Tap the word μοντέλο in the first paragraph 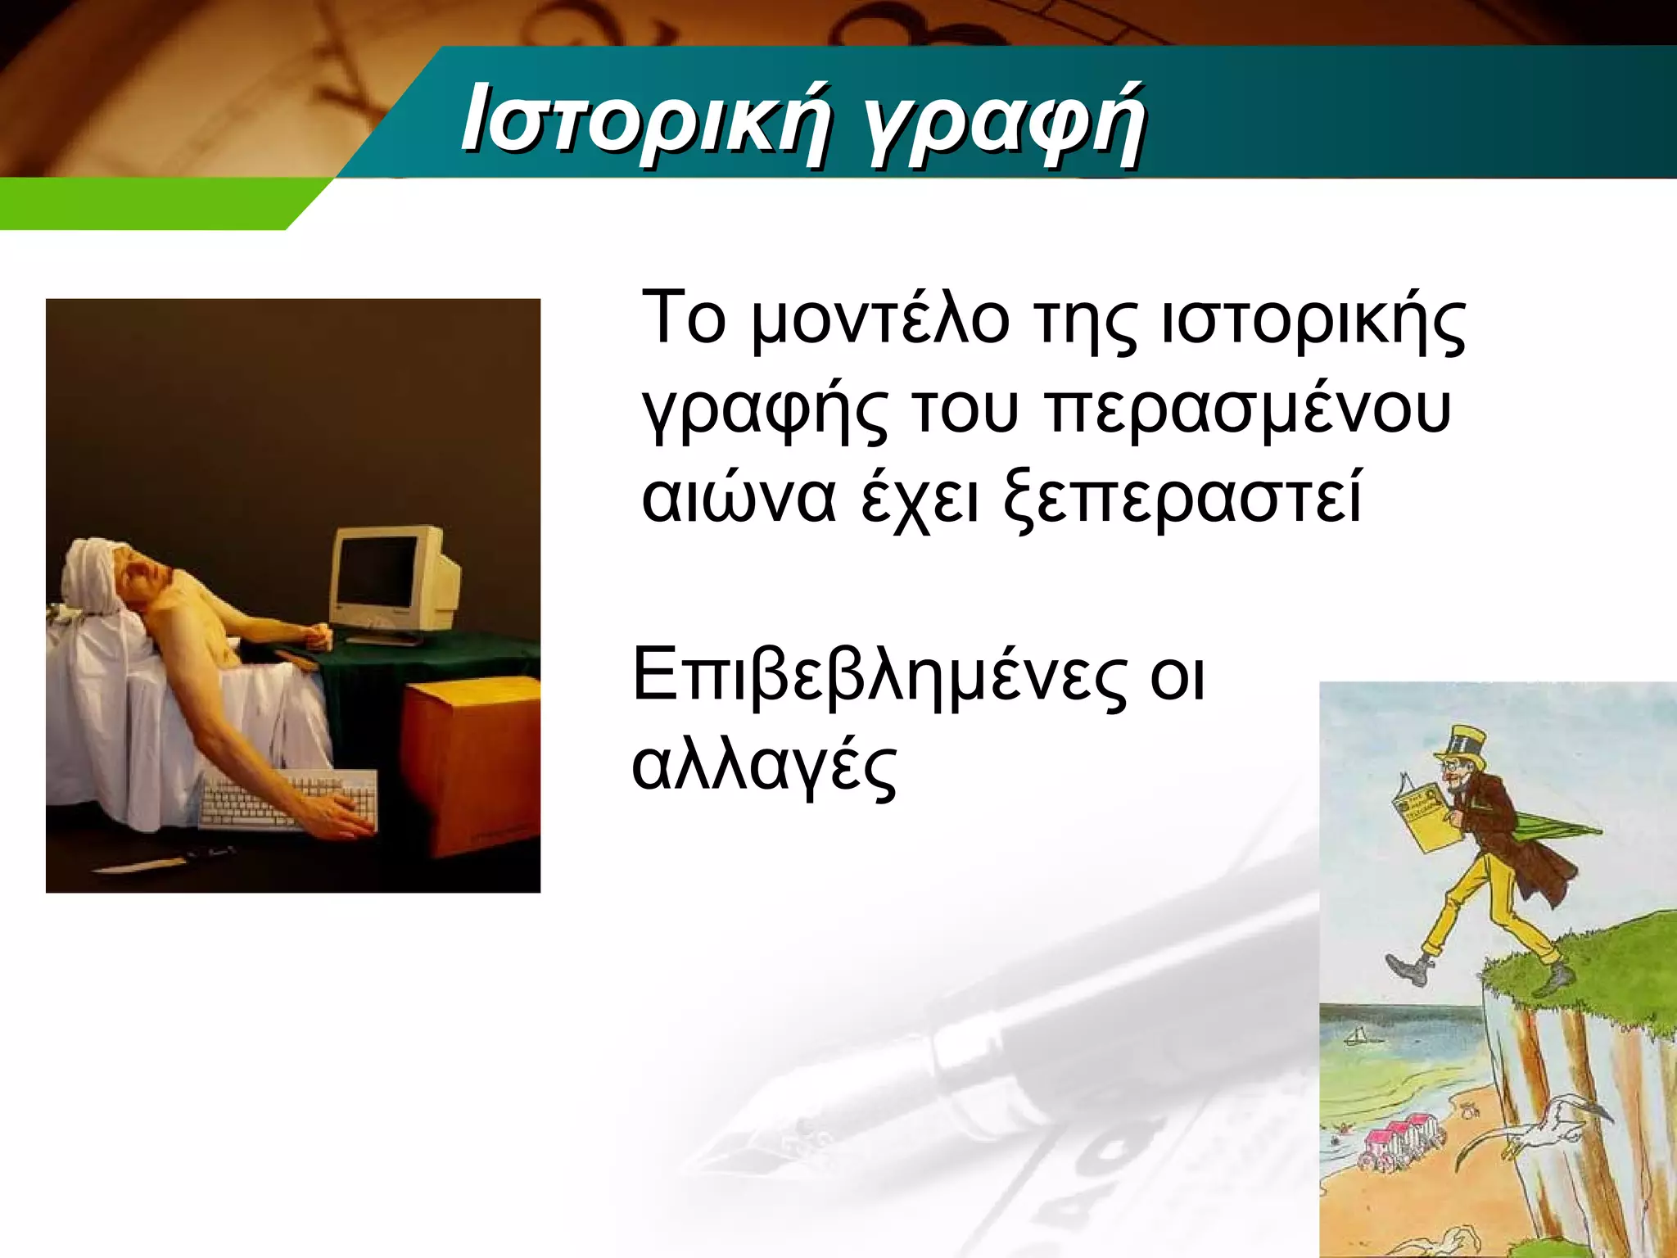[x=880, y=321]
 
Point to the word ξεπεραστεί [x=1182, y=500]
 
